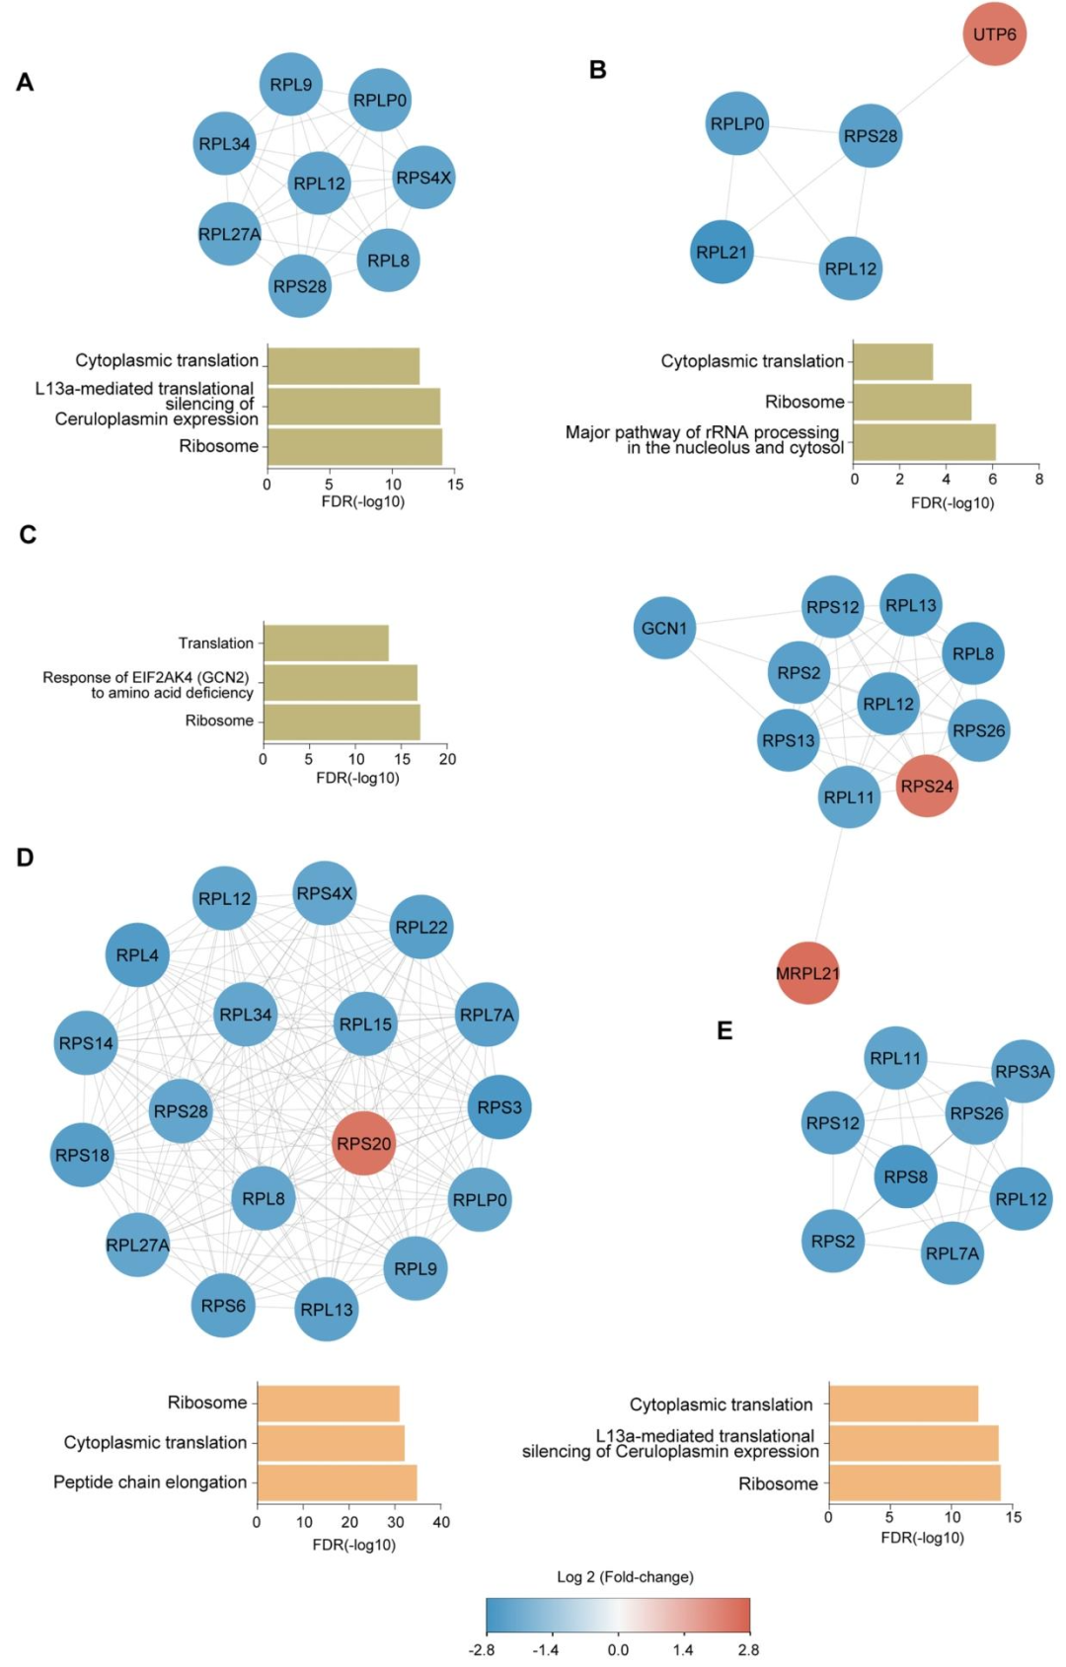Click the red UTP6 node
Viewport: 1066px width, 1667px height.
point(994,35)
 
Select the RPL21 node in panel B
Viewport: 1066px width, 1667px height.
point(722,252)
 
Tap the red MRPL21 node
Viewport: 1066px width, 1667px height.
point(807,973)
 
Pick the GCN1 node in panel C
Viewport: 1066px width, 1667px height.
point(664,628)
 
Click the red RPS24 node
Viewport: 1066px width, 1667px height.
point(927,786)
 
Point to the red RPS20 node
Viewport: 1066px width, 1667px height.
point(363,1143)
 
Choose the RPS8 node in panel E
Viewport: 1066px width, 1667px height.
point(905,1176)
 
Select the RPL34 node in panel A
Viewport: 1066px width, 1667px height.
point(225,144)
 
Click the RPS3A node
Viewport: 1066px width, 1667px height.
point(1023,1071)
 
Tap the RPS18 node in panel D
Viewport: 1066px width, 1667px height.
point(82,1155)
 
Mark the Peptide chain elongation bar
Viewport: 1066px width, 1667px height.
point(337,1482)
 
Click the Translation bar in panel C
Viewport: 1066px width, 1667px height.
point(326,644)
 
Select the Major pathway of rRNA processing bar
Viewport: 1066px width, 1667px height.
point(924,441)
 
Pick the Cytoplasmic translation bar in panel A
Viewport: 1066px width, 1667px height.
point(343,366)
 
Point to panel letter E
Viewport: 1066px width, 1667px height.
point(724,1031)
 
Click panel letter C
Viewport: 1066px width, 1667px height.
point(28,535)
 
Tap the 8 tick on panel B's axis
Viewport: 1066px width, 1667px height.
point(1038,480)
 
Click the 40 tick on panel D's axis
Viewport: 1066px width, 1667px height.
point(441,1522)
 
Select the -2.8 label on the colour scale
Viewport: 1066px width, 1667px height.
point(482,1649)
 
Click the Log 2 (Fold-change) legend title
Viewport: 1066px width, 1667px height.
point(625,1576)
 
